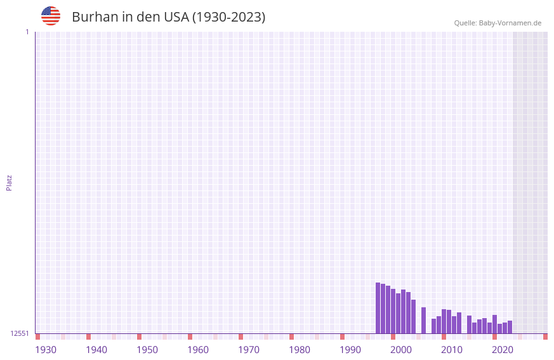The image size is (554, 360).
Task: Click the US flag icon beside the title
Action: (x=51, y=16)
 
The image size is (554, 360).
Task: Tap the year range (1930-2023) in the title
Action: (x=228, y=17)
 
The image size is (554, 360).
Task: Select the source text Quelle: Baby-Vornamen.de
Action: (x=498, y=23)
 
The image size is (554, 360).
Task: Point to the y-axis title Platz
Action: (x=9, y=183)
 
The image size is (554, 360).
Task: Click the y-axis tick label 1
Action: (x=27, y=32)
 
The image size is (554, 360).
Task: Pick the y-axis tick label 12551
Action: (x=20, y=333)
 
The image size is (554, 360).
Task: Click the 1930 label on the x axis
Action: (x=46, y=350)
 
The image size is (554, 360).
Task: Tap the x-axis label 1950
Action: (x=147, y=350)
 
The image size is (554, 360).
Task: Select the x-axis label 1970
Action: (x=249, y=350)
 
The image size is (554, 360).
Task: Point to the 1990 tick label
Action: (x=350, y=350)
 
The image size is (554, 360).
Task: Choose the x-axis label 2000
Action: (x=401, y=350)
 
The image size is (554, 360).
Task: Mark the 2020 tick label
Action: (x=503, y=350)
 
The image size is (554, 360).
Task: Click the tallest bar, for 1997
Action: (x=378, y=308)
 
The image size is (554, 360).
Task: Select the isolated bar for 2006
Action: (x=424, y=321)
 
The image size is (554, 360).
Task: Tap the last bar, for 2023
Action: (x=510, y=327)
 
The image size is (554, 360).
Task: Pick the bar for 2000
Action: (x=393, y=311)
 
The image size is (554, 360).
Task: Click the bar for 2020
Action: (x=494, y=324)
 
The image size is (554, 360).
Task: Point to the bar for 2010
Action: (x=444, y=321)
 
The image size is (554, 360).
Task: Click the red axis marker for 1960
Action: (x=190, y=337)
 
